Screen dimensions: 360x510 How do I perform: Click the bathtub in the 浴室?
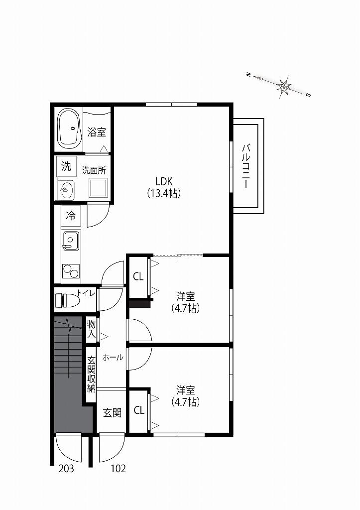(x=69, y=129)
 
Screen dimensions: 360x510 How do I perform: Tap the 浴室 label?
(x=97, y=132)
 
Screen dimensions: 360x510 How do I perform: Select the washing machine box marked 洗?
(x=66, y=166)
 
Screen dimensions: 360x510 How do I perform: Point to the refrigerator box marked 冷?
(x=71, y=216)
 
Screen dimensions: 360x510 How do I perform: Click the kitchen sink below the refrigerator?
(x=71, y=241)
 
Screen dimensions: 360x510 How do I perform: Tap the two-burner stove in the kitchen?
(x=71, y=271)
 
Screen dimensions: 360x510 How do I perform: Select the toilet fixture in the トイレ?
(x=67, y=300)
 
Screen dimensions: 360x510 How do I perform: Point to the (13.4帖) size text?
(x=164, y=194)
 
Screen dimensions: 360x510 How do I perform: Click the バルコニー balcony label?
(x=245, y=166)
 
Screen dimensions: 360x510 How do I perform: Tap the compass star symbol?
(x=284, y=86)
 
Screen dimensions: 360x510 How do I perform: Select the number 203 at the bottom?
(x=66, y=468)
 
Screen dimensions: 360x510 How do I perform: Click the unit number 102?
(x=118, y=468)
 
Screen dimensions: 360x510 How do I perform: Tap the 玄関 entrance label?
(x=112, y=413)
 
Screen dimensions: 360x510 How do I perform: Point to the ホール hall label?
(x=113, y=358)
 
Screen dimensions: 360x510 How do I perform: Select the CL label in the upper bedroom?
(x=138, y=276)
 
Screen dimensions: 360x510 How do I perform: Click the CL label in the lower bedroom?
(x=139, y=410)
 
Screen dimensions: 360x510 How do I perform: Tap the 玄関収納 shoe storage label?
(x=92, y=375)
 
